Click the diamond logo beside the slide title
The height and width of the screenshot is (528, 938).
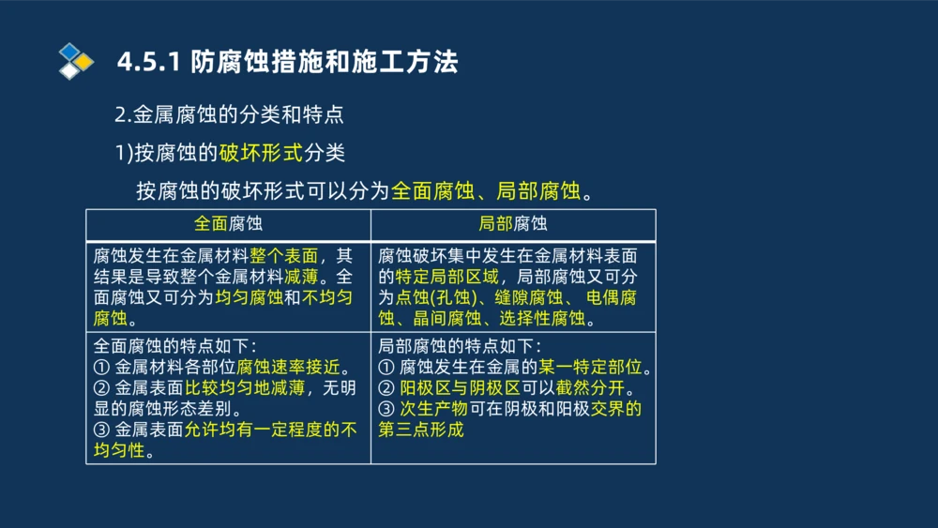click(x=76, y=61)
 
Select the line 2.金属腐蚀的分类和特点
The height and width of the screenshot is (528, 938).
click(x=229, y=115)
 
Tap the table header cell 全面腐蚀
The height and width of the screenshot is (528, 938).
click(x=228, y=224)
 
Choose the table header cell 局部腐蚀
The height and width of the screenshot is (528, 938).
click(x=512, y=224)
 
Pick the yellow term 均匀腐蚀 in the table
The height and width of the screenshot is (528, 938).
click(x=249, y=297)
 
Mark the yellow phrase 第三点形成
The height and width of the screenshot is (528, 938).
click(x=421, y=430)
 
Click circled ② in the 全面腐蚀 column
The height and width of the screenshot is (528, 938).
click(x=102, y=388)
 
